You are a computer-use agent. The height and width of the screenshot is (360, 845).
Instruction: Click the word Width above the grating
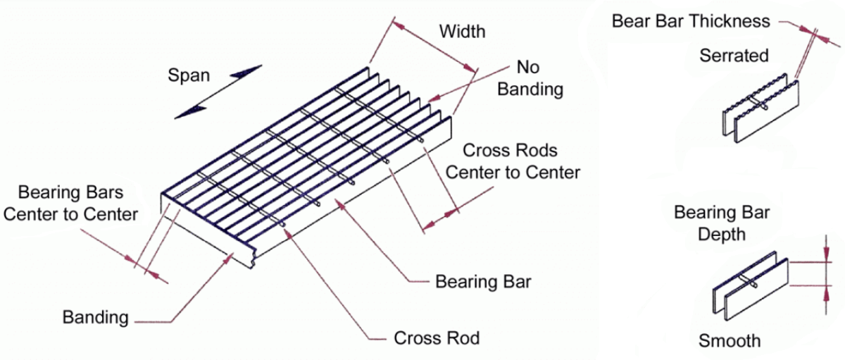pos(462,31)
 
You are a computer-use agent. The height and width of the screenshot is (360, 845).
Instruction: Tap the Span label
pos(189,75)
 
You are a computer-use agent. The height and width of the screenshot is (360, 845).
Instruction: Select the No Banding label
pos(530,78)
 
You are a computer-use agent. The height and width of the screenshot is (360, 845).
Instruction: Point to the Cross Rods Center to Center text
pos(513,161)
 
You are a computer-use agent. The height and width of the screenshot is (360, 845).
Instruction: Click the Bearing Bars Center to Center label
pos(70,203)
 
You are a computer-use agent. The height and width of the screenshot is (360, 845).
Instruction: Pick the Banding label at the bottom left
pos(96,317)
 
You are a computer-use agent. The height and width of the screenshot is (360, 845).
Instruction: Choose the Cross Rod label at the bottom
pos(437,337)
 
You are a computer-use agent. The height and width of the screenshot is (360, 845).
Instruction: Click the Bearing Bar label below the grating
pos(483,282)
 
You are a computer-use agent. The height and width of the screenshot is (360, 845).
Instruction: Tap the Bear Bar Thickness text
pos(691,21)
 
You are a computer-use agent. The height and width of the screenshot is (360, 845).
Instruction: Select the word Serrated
pos(734,56)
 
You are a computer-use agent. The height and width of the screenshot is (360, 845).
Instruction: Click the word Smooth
pos(730,341)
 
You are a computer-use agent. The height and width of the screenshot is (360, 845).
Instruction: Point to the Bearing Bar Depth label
pos(722,223)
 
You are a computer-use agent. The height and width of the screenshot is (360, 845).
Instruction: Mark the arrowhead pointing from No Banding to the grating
pos(434,98)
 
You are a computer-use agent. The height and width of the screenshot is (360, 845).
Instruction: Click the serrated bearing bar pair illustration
pos(760,109)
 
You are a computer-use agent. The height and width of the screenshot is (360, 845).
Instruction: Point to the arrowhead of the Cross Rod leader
pos(288,234)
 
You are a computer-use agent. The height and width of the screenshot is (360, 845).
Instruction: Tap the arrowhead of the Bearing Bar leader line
pos(340,206)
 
